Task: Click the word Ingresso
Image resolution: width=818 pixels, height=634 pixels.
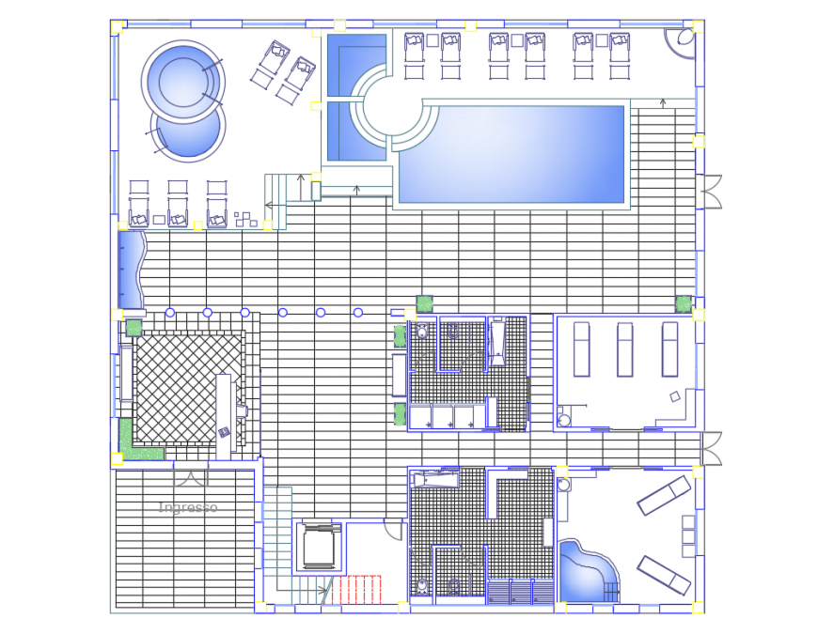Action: [188, 508]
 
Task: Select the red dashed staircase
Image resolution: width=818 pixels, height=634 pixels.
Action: [357, 589]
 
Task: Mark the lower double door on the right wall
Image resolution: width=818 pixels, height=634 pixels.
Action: [711, 448]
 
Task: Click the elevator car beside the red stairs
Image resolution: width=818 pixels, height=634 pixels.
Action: [319, 548]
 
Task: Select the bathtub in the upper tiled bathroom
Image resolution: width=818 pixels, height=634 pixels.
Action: [496, 342]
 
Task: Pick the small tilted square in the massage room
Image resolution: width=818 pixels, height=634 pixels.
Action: [674, 397]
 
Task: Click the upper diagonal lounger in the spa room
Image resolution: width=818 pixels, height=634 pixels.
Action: [663, 495]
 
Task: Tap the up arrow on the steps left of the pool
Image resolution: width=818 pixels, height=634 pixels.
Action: [302, 176]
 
